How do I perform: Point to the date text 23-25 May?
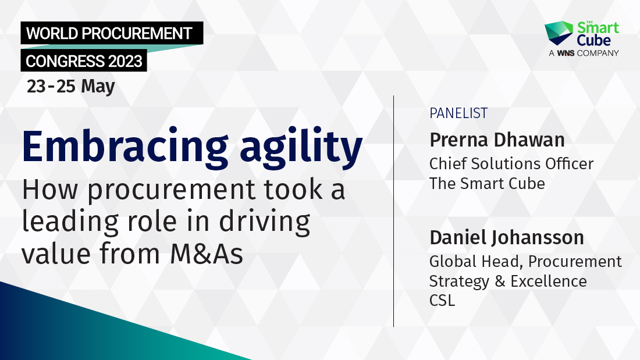coord(71,86)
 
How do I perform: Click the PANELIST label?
coord(458,113)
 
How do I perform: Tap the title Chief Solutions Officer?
coord(511,164)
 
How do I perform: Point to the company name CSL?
coord(442,301)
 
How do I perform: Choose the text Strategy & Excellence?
coord(508,281)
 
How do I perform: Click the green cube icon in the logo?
coord(558,33)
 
